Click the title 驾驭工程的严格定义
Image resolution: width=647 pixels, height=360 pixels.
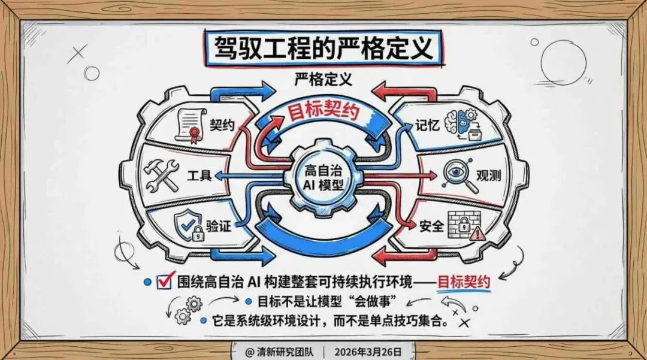(x=322, y=47)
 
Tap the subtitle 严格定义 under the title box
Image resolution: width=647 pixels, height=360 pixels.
(x=323, y=79)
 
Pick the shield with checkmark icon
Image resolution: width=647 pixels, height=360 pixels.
(x=188, y=226)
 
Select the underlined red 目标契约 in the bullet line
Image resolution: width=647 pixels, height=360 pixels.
(x=464, y=281)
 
